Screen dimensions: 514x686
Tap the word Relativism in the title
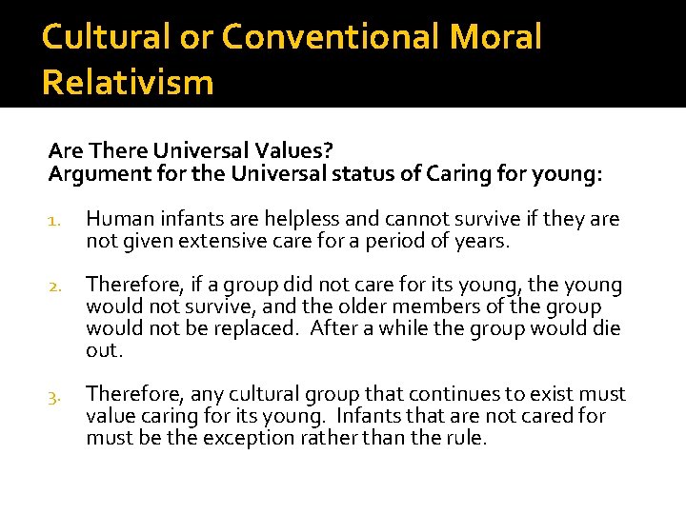tap(128, 83)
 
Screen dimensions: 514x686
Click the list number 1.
tap(54, 221)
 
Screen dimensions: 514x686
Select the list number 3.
tap(54, 395)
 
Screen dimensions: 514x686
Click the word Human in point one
tap(115, 220)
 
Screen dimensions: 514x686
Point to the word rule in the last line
tap(464, 437)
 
